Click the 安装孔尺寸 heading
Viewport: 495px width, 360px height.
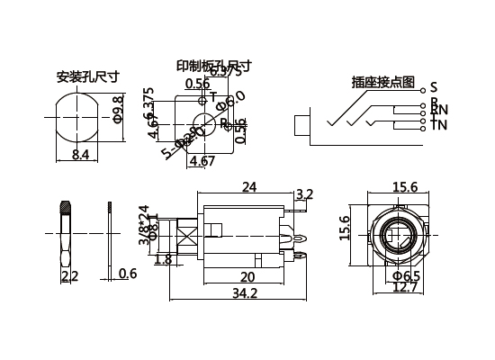(x=86, y=76)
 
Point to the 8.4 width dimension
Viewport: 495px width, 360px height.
(x=79, y=156)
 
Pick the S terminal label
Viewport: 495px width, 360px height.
(x=434, y=86)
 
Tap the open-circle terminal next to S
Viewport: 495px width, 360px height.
(x=423, y=87)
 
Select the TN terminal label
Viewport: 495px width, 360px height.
(x=438, y=124)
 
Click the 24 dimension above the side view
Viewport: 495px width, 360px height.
(x=249, y=187)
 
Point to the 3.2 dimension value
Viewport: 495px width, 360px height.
(x=304, y=193)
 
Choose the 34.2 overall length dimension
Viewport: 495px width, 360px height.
(x=244, y=293)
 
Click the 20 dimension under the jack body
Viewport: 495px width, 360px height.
(x=246, y=276)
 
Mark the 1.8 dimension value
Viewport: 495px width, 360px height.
(x=163, y=260)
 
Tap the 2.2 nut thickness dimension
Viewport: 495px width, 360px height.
(x=68, y=274)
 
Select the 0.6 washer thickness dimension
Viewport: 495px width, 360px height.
(x=128, y=274)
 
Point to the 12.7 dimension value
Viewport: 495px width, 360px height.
(x=406, y=288)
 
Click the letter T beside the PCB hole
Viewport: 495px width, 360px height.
(x=213, y=96)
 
